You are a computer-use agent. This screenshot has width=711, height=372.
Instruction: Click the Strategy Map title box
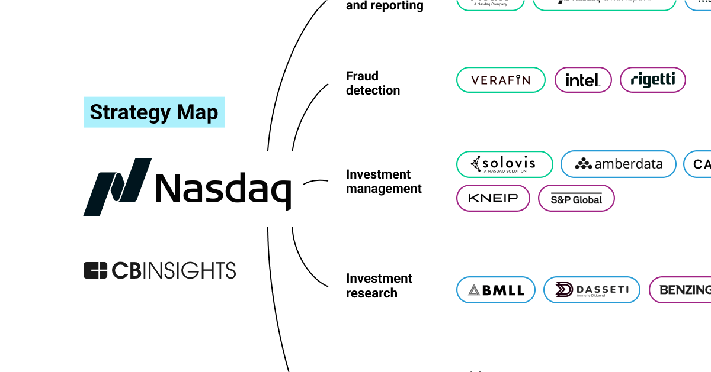(154, 112)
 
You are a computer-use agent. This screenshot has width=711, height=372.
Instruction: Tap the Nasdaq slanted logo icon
(117, 187)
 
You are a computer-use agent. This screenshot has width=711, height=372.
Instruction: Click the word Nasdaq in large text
(223, 188)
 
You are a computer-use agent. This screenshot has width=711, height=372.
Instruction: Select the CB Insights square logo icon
(95, 270)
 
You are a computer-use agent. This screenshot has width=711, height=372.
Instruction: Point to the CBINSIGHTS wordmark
(174, 270)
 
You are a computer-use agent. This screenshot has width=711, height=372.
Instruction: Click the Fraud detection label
(373, 83)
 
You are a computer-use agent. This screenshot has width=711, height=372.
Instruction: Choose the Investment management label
(384, 182)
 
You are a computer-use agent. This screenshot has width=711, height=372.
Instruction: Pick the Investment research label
(379, 286)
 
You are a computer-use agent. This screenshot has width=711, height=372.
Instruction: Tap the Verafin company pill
(501, 80)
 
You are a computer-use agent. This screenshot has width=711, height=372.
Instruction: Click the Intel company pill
(582, 80)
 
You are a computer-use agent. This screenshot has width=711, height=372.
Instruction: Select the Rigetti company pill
(652, 80)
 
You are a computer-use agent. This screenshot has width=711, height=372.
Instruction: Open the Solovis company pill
(504, 164)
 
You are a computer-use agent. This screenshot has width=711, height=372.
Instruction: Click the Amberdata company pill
(618, 164)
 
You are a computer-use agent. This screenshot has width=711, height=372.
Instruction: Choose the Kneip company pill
(493, 198)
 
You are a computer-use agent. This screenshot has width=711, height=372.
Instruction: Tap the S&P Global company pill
(576, 198)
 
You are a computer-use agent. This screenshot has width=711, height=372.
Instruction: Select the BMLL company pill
(495, 290)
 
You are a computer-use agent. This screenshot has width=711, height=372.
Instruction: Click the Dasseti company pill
(591, 290)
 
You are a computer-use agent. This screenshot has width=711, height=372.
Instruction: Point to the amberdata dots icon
(583, 164)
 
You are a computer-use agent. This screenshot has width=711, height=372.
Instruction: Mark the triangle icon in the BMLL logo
(473, 290)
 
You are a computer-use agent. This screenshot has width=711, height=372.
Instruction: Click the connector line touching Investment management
(316, 181)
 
